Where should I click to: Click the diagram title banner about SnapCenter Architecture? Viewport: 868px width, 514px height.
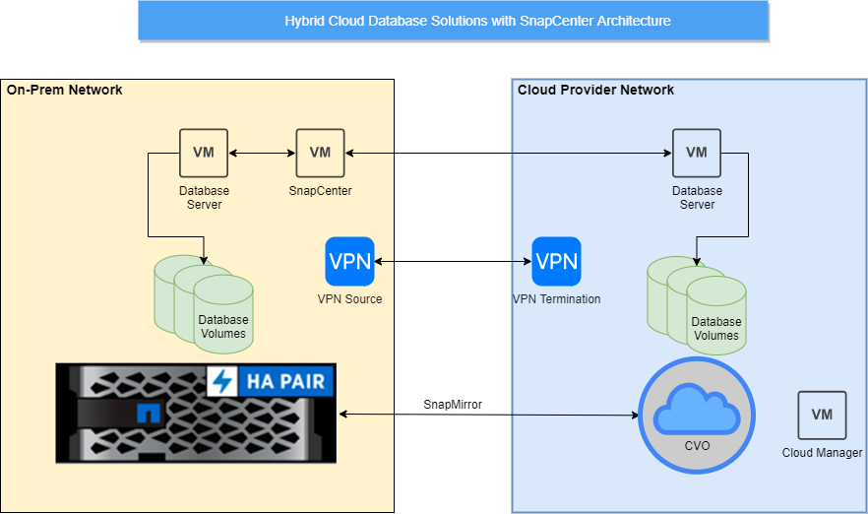pos(453,21)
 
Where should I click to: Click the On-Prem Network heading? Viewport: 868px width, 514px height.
pos(65,91)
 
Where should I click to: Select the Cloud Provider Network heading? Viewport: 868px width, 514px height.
pos(595,91)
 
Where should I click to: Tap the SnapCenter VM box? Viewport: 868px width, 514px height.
pos(320,153)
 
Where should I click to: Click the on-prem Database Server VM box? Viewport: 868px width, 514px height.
pos(204,153)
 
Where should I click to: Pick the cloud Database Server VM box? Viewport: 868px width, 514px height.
pos(697,153)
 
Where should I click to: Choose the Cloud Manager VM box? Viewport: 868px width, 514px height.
pos(822,416)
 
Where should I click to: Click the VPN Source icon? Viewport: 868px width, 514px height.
pos(349,262)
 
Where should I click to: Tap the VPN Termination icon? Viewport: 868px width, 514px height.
pos(556,262)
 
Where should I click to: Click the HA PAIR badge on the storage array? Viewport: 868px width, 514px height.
pos(272,381)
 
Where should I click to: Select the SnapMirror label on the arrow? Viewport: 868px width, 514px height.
pos(453,405)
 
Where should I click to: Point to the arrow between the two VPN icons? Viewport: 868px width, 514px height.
pos(453,262)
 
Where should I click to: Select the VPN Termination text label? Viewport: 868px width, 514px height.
pos(556,299)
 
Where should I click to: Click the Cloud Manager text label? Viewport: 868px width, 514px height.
pos(823,453)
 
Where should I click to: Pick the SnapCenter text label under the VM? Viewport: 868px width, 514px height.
pos(320,191)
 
